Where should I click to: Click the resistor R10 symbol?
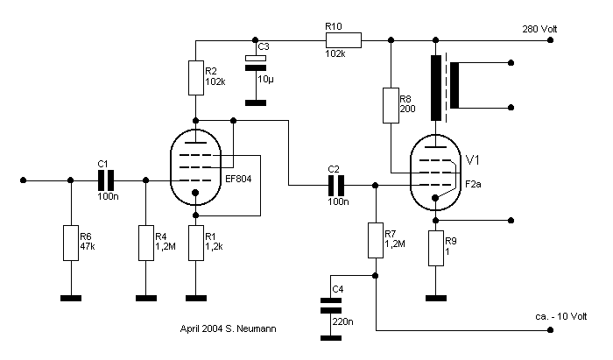pyautogui.click(x=343, y=40)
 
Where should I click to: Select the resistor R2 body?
pyautogui.click(x=196, y=78)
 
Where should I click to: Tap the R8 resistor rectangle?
pyautogui.click(x=391, y=105)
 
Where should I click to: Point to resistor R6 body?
pyautogui.click(x=71, y=244)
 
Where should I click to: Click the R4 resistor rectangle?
pyautogui.click(x=146, y=244)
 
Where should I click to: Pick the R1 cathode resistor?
pyautogui.click(x=196, y=244)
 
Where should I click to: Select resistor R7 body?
pyautogui.click(x=376, y=240)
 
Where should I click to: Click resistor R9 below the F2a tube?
pyautogui.click(x=436, y=248)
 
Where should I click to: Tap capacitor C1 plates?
pyautogui.click(x=106, y=180)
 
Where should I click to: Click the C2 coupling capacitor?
pyautogui.click(x=336, y=186)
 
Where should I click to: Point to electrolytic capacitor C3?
pyautogui.click(x=256, y=63)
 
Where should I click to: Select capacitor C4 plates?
pyautogui.click(x=331, y=306)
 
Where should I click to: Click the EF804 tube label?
pyautogui.click(x=238, y=179)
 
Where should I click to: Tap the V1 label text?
pyautogui.click(x=473, y=160)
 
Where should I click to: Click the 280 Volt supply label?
pyautogui.click(x=539, y=29)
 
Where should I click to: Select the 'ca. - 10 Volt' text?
pyautogui.click(x=561, y=316)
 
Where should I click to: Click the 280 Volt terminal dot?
pyautogui.click(x=551, y=40)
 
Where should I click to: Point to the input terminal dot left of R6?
pyautogui.click(x=24, y=180)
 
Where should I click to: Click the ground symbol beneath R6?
pyautogui.click(x=71, y=298)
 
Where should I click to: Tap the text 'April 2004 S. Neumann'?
pyautogui.click(x=229, y=328)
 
